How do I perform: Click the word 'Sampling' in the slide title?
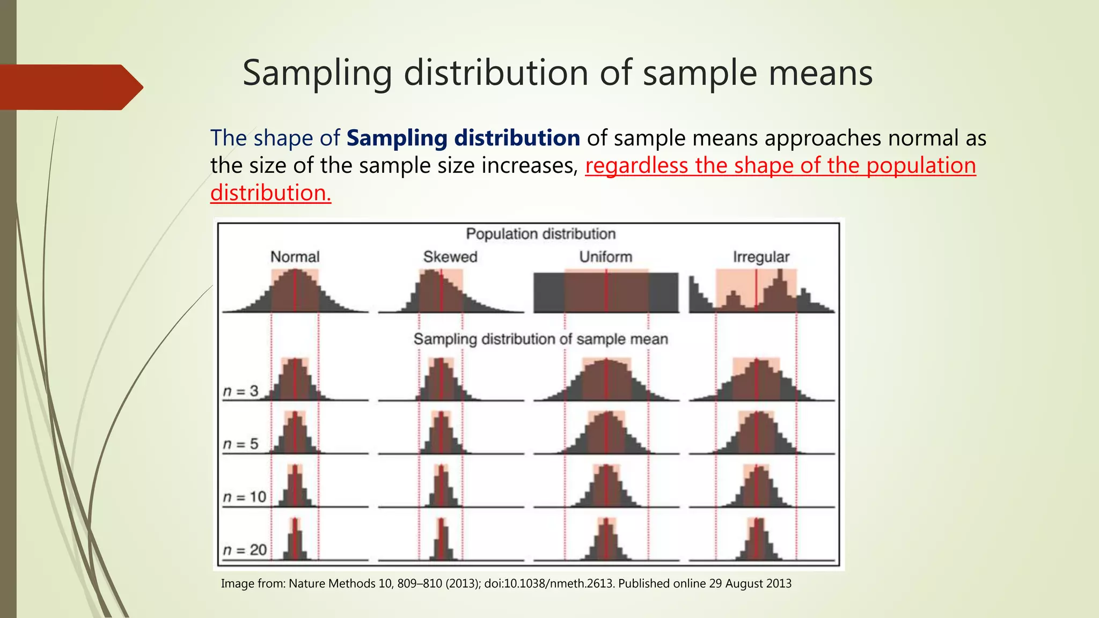click(317, 73)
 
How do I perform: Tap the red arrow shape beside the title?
click(70, 87)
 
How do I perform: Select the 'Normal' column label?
click(295, 257)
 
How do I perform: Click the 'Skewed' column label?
click(450, 257)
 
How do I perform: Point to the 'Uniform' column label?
click(605, 257)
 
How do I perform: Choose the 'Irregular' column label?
click(761, 257)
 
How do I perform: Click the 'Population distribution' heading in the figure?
click(540, 234)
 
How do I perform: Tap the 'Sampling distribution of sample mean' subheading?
click(540, 339)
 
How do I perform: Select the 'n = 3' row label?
click(240, 392)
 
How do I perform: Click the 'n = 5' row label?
click(240, 444)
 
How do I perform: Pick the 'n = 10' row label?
click(245, 497)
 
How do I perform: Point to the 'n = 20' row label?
click(245, 550)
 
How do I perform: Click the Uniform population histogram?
click(606, 292)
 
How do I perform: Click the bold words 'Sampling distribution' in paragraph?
click(463, 138)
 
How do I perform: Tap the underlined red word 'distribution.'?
click(270, 193)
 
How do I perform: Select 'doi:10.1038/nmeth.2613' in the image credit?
click(549, 584)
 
